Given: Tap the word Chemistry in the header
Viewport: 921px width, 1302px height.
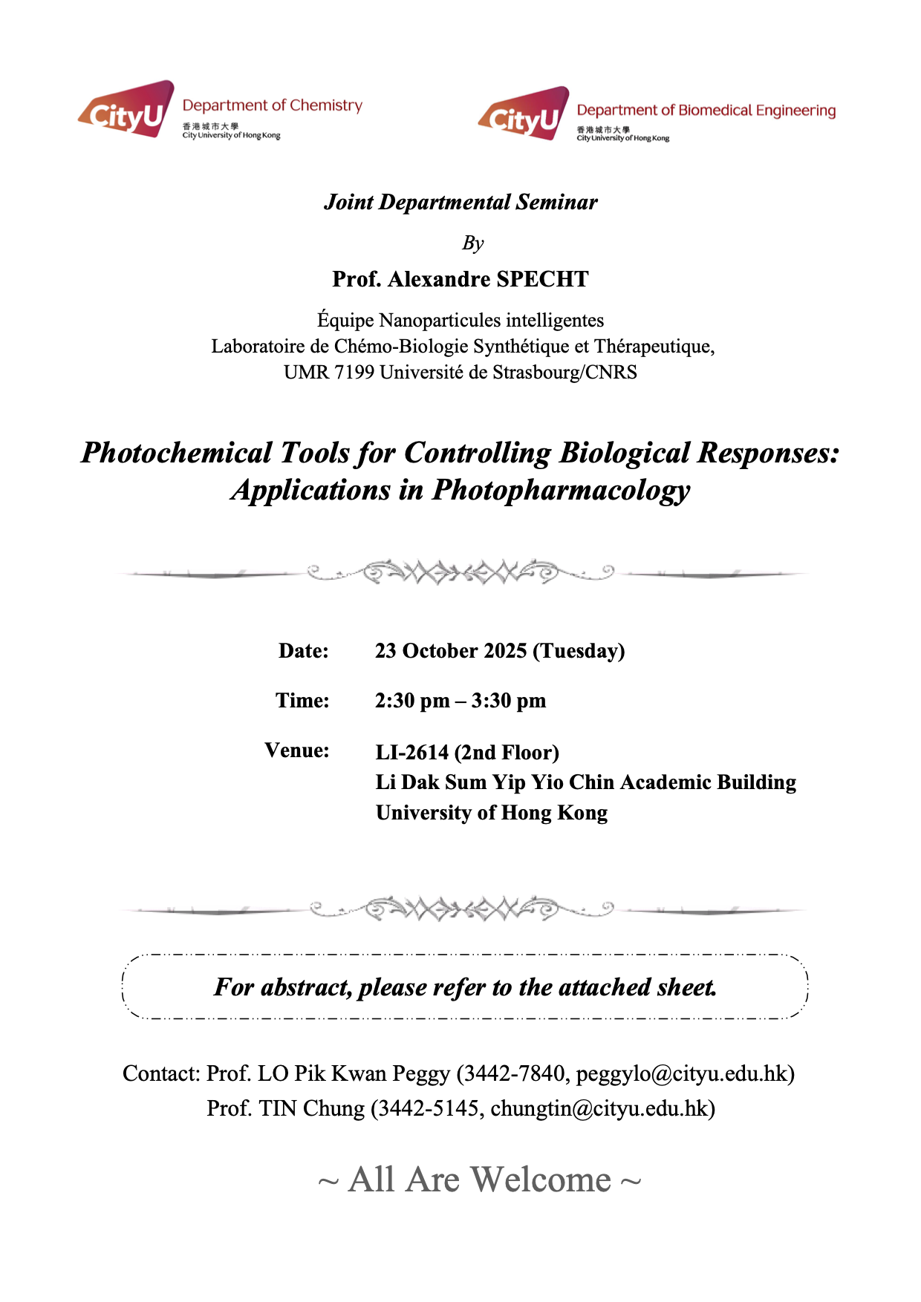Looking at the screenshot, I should point(325,105).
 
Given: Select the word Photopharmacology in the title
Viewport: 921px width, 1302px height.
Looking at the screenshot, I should point(562,490).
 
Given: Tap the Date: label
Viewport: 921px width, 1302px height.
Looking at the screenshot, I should point(303,651).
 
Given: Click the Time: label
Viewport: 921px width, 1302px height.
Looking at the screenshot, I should point(302,701).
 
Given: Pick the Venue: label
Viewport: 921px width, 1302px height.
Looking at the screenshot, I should point(297,750).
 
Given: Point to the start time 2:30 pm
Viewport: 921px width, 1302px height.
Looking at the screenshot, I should point(412,701).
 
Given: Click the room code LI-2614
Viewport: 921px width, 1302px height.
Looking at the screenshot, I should point(412,753).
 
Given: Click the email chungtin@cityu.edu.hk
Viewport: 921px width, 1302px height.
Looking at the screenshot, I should point(599,1108).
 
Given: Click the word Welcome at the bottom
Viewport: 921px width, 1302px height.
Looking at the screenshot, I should point(541,1180).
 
